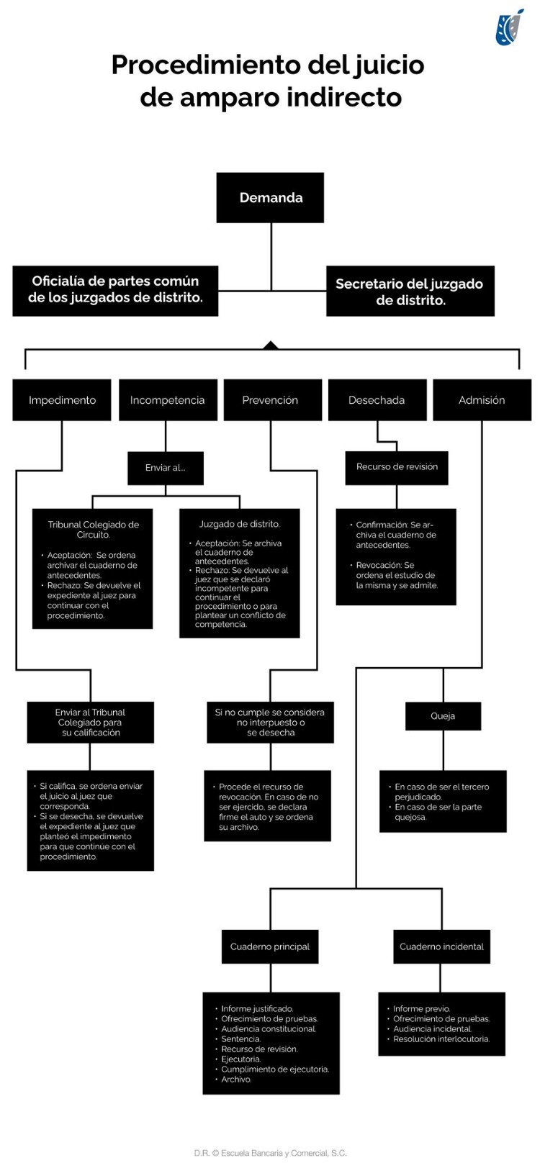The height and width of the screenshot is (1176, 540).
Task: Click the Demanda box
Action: (x=270, y=198)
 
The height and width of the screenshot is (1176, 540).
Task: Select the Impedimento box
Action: (x=62, y=400)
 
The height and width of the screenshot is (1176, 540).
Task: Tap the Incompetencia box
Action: (x=167, y=400)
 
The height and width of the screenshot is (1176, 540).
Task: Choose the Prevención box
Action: (x=270, y=400)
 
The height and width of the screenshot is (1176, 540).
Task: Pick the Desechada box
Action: (x=377, y=400)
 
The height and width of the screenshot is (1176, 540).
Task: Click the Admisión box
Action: (x=482, y=400)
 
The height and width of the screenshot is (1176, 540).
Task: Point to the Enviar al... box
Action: (x=166, y=468)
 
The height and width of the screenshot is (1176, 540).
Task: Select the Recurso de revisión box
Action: (x=397, y=467)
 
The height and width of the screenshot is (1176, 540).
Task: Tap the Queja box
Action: (x=443, y=716)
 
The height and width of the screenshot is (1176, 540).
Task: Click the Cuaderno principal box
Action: (x=270, y=946)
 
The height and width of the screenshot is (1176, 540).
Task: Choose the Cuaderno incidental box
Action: (x=441, y=946)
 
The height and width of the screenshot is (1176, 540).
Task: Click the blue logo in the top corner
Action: (x=510, y=28)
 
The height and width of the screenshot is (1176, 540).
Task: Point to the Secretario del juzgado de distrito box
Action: (x=410, y=291)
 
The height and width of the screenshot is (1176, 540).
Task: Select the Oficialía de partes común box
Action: (x=115, y=290)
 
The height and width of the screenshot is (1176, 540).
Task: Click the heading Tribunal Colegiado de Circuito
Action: (x=93, y=530)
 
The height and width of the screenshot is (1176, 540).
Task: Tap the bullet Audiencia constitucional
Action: (x=268, y=1029)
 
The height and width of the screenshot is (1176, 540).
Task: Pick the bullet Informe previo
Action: (x=421, y=1009)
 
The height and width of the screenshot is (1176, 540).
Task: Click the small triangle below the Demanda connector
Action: (x=271, y=345)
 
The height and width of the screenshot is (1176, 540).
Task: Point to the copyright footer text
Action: (x=270, y=1153)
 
